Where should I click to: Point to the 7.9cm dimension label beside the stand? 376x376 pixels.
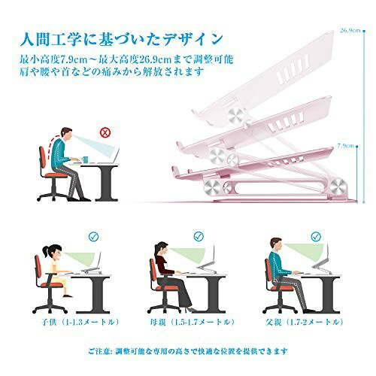(x=347, y=146)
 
